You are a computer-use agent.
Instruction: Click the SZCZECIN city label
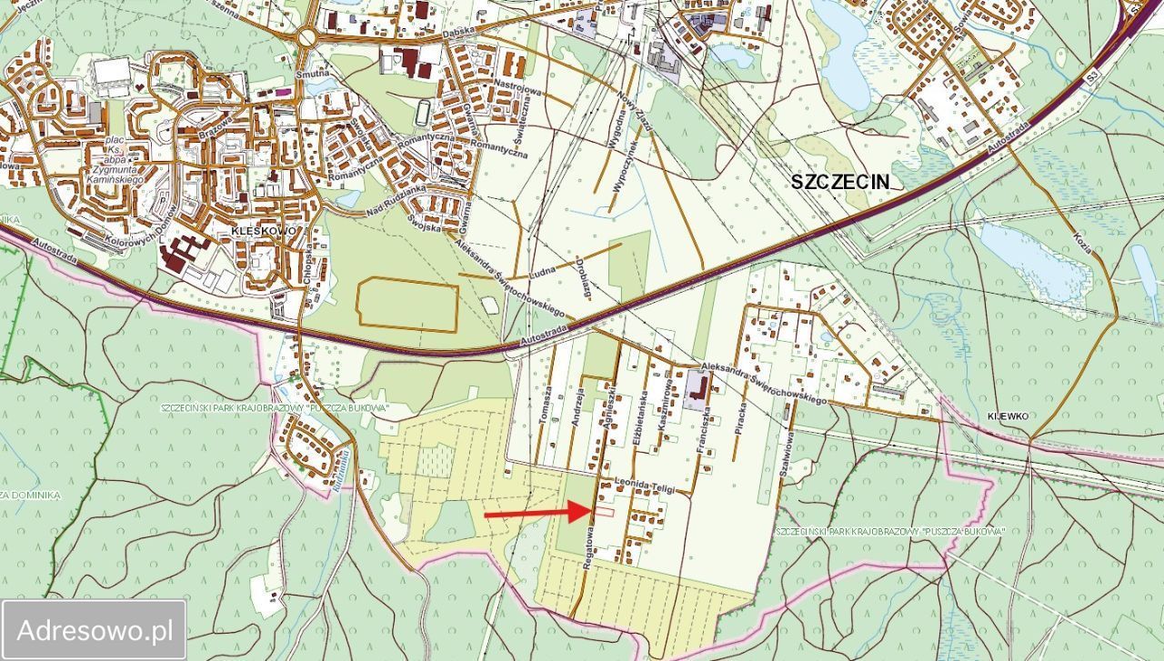coord(838,180)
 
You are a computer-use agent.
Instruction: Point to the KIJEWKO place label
coord(1007,416)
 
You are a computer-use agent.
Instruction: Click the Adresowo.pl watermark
coord(95,629)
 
